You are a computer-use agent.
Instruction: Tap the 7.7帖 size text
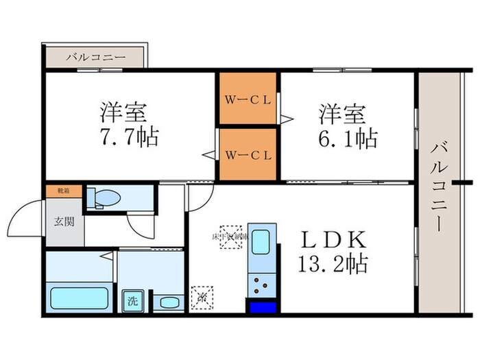[128, 138]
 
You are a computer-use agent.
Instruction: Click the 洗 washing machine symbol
[130, 300]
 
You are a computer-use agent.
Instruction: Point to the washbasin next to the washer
[167, 302]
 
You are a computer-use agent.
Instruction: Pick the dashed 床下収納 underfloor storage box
[230, 237]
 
